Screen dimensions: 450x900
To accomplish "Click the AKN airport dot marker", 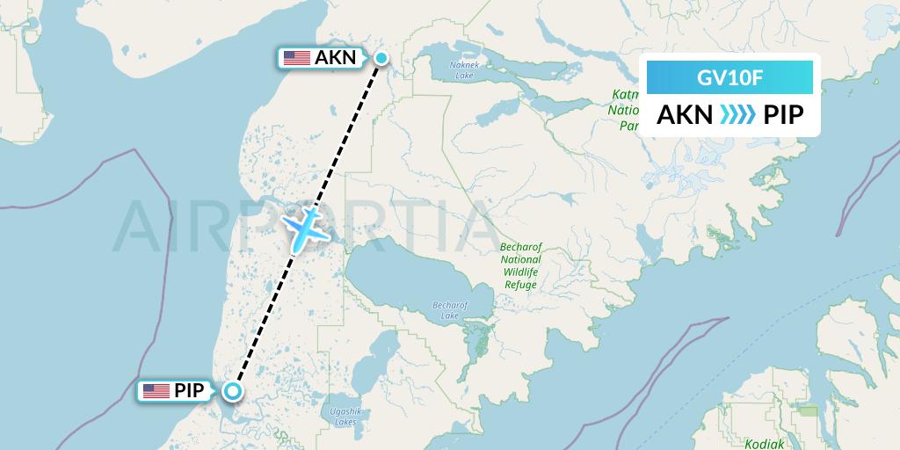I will tap(381, 59).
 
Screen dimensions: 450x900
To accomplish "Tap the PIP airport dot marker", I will tap(233, 392).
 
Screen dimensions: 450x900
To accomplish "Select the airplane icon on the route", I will tap(305, 226).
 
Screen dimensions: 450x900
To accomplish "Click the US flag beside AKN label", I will tap(297, 59).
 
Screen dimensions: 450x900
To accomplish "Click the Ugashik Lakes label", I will tap(339, 417).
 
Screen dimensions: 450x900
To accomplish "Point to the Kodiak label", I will tap(764, 444).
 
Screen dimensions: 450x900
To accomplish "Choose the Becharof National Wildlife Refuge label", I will tap(520, 266).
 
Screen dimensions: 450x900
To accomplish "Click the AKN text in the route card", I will tap(685, 115).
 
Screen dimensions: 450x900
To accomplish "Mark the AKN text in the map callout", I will tap(336, 59).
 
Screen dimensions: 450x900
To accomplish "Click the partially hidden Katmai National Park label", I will tap(625, 110).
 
